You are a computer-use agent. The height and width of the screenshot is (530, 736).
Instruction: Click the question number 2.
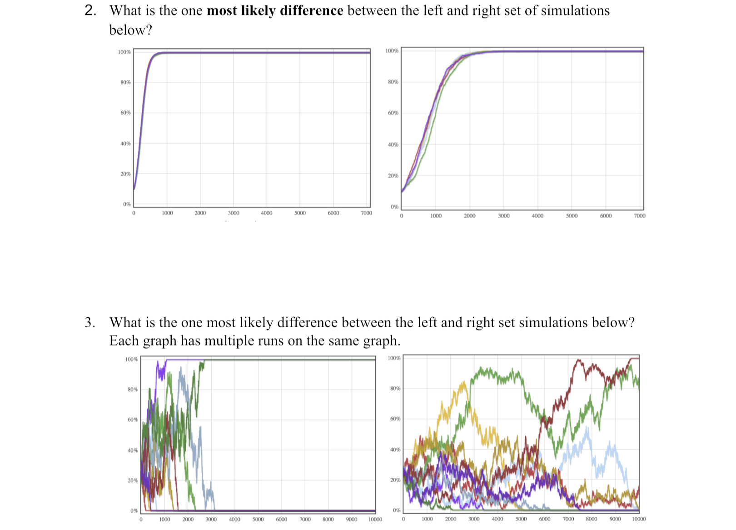90,10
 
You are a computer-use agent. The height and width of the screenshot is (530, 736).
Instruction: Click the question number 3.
90,323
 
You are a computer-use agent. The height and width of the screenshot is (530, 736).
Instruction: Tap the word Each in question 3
124,341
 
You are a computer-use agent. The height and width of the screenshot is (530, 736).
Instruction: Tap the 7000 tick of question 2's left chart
366,213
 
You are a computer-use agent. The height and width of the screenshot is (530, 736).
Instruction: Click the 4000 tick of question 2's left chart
267,213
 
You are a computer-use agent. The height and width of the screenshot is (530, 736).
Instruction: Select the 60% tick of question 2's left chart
125,113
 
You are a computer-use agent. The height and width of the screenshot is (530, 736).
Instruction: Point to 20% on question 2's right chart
393,176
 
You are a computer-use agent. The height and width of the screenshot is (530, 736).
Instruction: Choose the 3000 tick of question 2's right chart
503,216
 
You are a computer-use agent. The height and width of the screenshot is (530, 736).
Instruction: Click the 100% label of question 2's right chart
392,51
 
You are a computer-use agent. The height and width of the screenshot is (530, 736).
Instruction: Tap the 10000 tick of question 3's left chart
375,520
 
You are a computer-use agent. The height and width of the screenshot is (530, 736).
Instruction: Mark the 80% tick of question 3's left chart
132,390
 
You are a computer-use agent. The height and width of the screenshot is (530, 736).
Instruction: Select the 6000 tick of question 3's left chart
281,520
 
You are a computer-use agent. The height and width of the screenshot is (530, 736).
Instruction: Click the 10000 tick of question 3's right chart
638,519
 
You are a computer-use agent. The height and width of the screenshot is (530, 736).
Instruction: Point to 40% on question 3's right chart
395,450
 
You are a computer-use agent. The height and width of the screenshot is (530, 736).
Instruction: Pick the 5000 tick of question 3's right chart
521,519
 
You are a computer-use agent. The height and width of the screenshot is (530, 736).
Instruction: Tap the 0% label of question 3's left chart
134,511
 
